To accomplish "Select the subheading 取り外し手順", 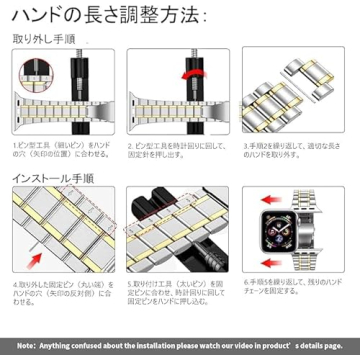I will coord(46,46).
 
